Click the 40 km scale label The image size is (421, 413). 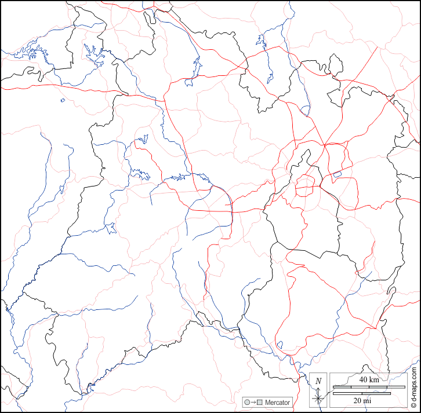[368, 379]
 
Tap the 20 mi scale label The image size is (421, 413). [368, 400]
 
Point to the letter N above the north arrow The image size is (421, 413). [318, 381]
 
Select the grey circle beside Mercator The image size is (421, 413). [247, 402]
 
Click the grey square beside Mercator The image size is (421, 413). [260, 402]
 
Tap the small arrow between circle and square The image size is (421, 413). [253, 402]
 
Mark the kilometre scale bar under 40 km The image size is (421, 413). [368, 386]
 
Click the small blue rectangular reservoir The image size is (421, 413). [336, 174]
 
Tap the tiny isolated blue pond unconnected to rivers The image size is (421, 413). [63, 100]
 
